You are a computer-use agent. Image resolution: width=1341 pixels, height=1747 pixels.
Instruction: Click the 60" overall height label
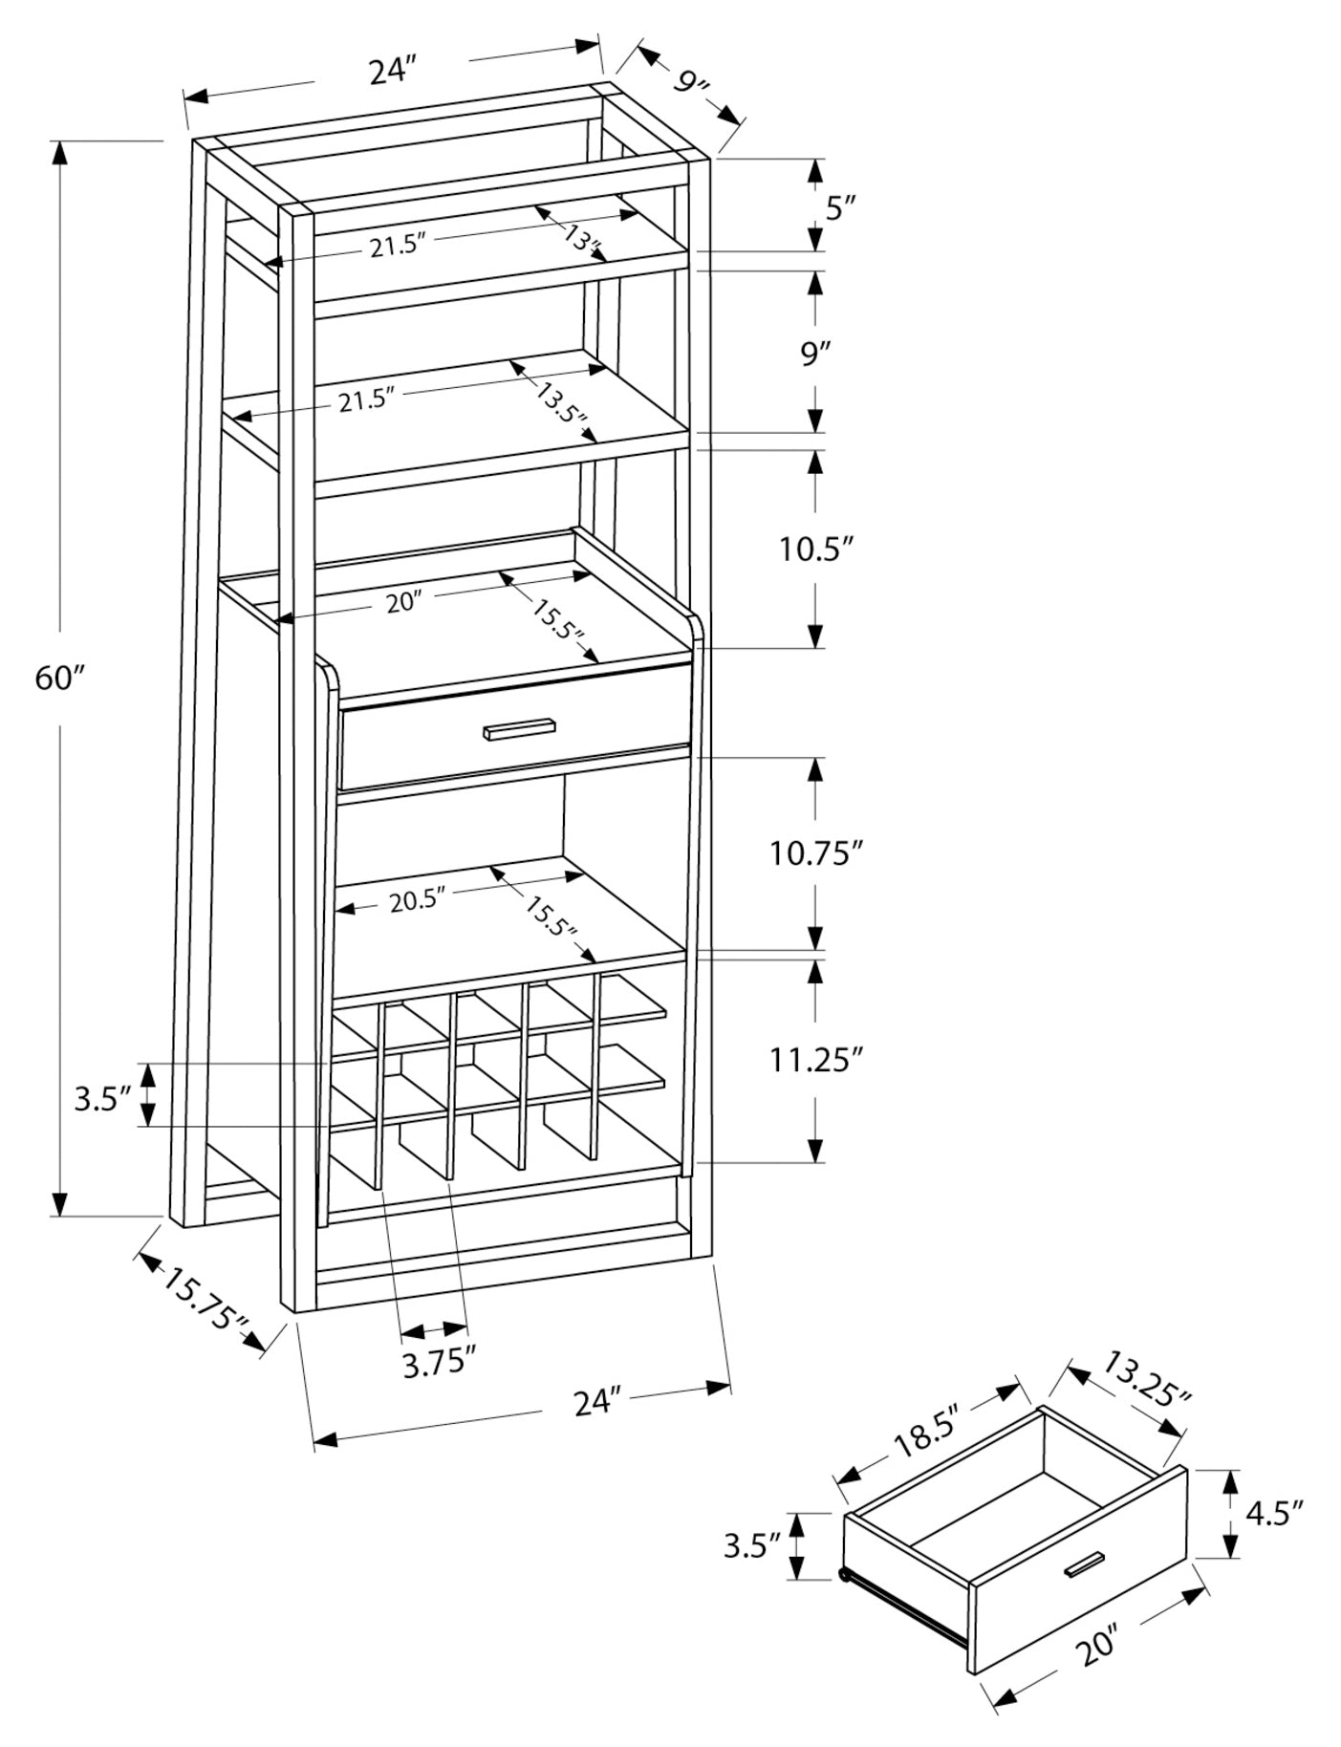point(60,679)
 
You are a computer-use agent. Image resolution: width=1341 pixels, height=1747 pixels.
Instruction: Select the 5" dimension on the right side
point(840,206)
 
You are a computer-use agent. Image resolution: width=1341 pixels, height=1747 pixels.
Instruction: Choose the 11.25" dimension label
point(817,1059)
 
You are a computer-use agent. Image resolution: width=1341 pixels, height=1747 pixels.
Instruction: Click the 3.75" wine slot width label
point(439,1363)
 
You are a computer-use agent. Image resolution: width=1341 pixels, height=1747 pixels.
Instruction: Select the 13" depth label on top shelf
point(581,237)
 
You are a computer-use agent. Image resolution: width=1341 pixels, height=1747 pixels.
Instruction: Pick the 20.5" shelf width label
point(418,900)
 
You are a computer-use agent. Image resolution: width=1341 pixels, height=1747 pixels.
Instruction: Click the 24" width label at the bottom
point(598,1402)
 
